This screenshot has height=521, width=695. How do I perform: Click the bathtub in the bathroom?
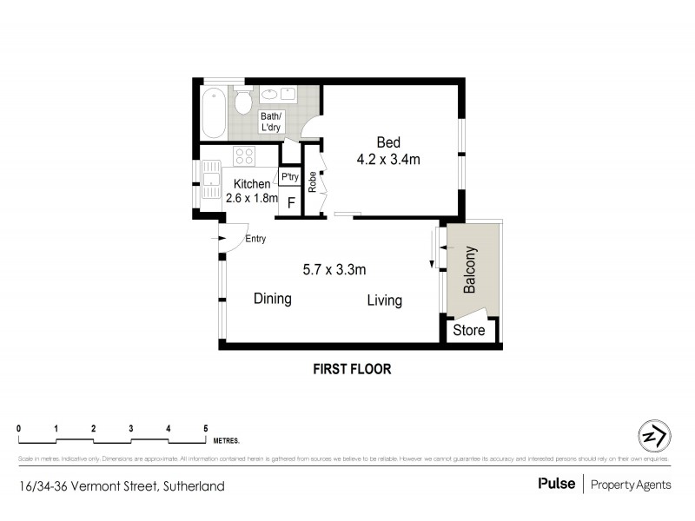point(214,113)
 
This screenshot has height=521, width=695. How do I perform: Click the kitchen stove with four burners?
point(244,157)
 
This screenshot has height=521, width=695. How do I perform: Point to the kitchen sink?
point(210,181)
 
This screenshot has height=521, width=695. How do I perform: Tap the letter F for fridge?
point(291,203)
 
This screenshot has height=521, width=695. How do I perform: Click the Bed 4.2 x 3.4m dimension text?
point(388,151)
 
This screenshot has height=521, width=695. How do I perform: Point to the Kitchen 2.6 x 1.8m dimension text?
point(252,191)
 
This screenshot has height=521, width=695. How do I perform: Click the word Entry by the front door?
point(256,239)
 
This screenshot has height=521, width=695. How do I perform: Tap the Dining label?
point(272,299)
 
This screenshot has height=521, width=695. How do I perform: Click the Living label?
point(384,300)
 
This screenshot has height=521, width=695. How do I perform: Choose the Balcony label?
point(470,271)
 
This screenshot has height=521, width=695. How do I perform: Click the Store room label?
point(470,331)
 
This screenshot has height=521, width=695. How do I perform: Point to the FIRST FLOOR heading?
point(352,369)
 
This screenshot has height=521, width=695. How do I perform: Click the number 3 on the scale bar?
point(130,428)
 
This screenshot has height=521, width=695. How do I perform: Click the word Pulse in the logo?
point(556,485)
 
